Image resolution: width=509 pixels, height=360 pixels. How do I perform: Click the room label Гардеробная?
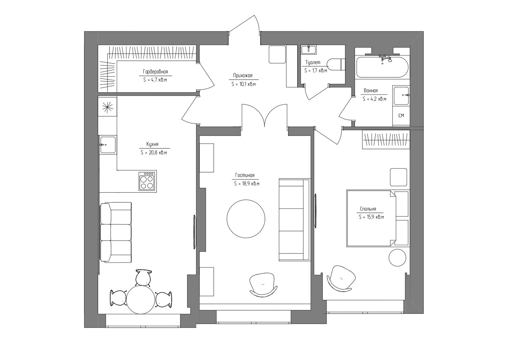tap(155, 72)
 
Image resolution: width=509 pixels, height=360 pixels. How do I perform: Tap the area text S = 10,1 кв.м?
tap(244, 84)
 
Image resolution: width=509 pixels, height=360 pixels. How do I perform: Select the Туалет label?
tap(313, 62)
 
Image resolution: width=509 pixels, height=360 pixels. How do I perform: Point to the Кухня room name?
tap(152, 144)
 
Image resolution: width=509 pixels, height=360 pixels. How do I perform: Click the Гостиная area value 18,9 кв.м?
tap(250, 184)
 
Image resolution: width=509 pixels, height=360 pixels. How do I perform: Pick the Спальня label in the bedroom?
tap(368, 209)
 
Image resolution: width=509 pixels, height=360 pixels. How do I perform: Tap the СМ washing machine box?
tap(401, 116)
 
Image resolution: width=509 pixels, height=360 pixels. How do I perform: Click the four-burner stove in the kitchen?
tap(147, 181)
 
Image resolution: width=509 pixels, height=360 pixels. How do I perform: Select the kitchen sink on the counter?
tap(108, 145)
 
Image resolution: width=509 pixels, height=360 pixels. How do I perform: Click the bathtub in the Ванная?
tap(382, 67)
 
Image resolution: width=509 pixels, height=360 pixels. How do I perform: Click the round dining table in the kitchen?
tap(140, 300)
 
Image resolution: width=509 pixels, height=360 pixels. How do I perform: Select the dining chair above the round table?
tap(144, 278)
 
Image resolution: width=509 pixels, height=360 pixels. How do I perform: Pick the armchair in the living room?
tap(263, 285)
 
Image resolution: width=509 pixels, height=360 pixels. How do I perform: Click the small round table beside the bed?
tap(397, 257)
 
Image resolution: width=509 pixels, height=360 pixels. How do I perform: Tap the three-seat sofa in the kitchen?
tap(116, 233)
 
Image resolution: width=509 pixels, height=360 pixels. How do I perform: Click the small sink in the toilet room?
tap(309, 50)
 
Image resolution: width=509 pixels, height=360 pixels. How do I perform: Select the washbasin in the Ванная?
tap(402, 95)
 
